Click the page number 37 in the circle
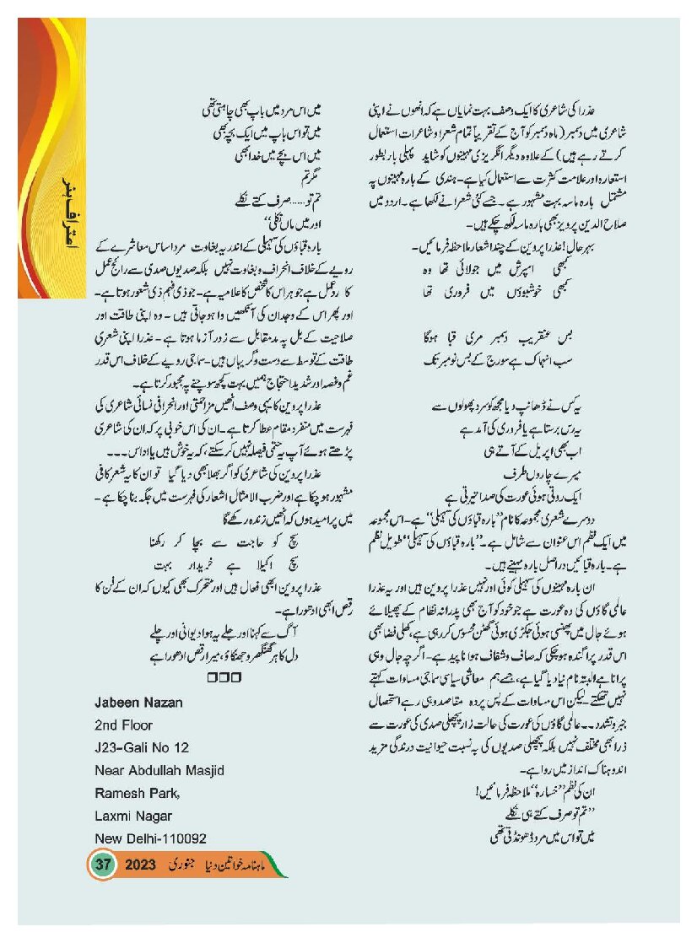(x=104, y=865)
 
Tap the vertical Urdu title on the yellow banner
(x=62, y=218)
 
